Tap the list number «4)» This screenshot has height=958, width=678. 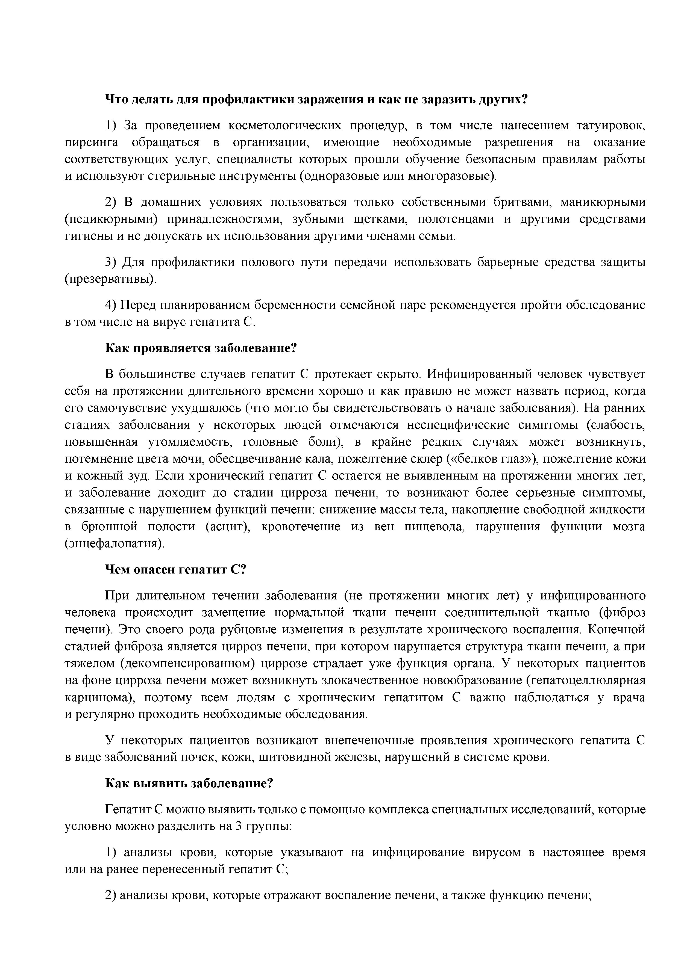[x=111, y=305]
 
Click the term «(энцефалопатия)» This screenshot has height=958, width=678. [x=115, y=544]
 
